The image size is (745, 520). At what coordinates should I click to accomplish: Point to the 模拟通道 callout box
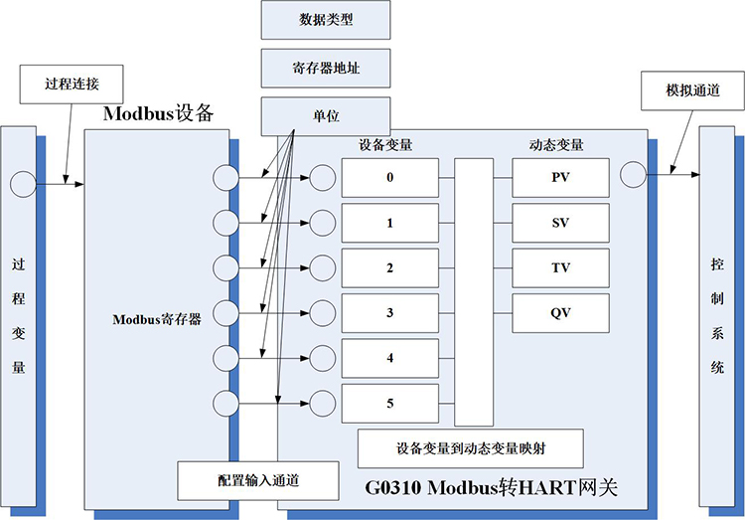(x=691, y=88)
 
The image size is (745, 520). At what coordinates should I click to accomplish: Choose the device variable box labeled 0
(x=389, y=178)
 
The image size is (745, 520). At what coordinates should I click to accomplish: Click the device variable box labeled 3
(x=389, y=313)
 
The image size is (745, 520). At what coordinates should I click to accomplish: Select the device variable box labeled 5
(x=389, y=404)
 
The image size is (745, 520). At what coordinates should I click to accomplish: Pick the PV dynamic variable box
(x=560, y=178)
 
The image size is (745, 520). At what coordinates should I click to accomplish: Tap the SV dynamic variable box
(x=560, y=223)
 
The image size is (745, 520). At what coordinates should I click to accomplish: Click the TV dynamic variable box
(x=560, y=268)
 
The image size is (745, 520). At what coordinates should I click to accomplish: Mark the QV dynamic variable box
(x=560, y=313)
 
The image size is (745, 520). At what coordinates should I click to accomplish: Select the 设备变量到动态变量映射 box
(x=469, y=447)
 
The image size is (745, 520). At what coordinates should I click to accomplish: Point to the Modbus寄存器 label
(x=157, y=319)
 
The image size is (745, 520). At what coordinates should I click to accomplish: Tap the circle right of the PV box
(x=632, y=175)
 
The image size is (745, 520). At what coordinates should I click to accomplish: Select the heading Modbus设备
(x=159, y=112)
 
